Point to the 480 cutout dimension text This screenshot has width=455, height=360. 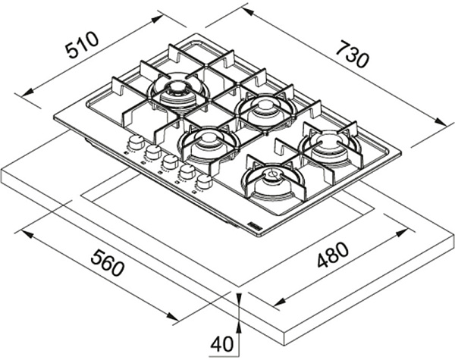[333, 257]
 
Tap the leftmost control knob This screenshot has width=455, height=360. [136, 142]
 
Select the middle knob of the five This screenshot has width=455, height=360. [171, 162]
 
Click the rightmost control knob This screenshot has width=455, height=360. [203, 182]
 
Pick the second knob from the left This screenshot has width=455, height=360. [153, 152]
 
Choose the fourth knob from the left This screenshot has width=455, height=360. [187, 172]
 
